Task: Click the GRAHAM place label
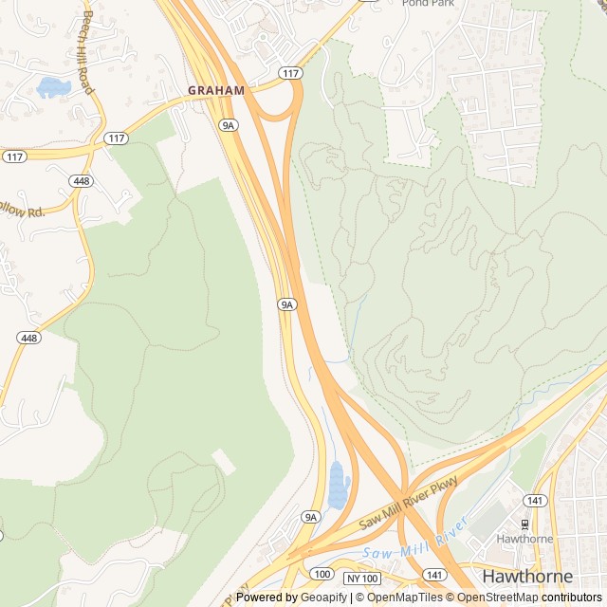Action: click(x=215, y=90)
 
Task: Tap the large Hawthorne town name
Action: click(x=527, y=576)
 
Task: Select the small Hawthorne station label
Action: click(x=524, y=539)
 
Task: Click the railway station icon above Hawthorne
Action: click(x=524, y=524)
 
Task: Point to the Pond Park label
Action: click(x=428, y=3)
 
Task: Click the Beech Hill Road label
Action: click(x=87, y=52)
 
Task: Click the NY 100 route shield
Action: click(x=361, y=578)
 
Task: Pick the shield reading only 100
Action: click(x=322, y=574)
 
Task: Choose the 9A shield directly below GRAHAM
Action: click(x=228, y=124)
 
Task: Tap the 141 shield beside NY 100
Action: click(x=434, y=575)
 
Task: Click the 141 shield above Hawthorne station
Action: click(x=535, y=500)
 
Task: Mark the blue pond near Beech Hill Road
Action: click(x=53, y=88)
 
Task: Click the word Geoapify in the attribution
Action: click(x=322, y=598)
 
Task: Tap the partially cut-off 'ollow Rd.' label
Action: click(x=22, y=211)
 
